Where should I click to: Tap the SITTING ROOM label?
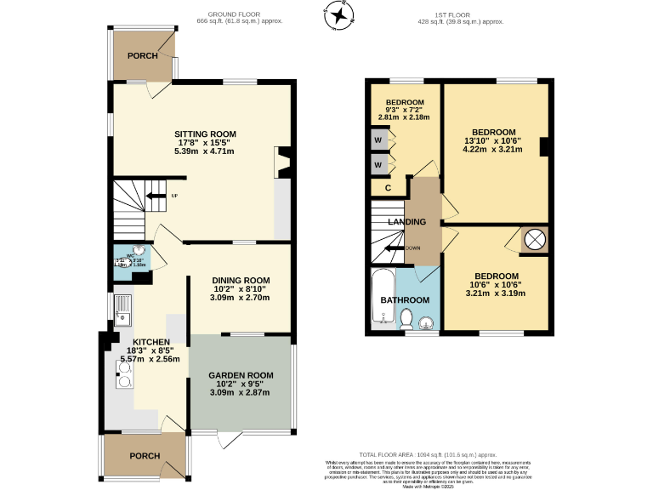[205, 134]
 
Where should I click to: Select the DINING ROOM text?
[241, 280]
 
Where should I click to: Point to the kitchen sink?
[122, 312]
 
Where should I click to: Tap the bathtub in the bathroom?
[382, 299]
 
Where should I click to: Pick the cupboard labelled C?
[388, 188]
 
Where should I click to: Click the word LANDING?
[406, 222]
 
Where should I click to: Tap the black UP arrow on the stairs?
[157, 196]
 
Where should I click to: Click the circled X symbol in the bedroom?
[534, 240]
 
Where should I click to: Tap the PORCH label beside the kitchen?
[145, 456]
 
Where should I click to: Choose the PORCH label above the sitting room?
[143, 55]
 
